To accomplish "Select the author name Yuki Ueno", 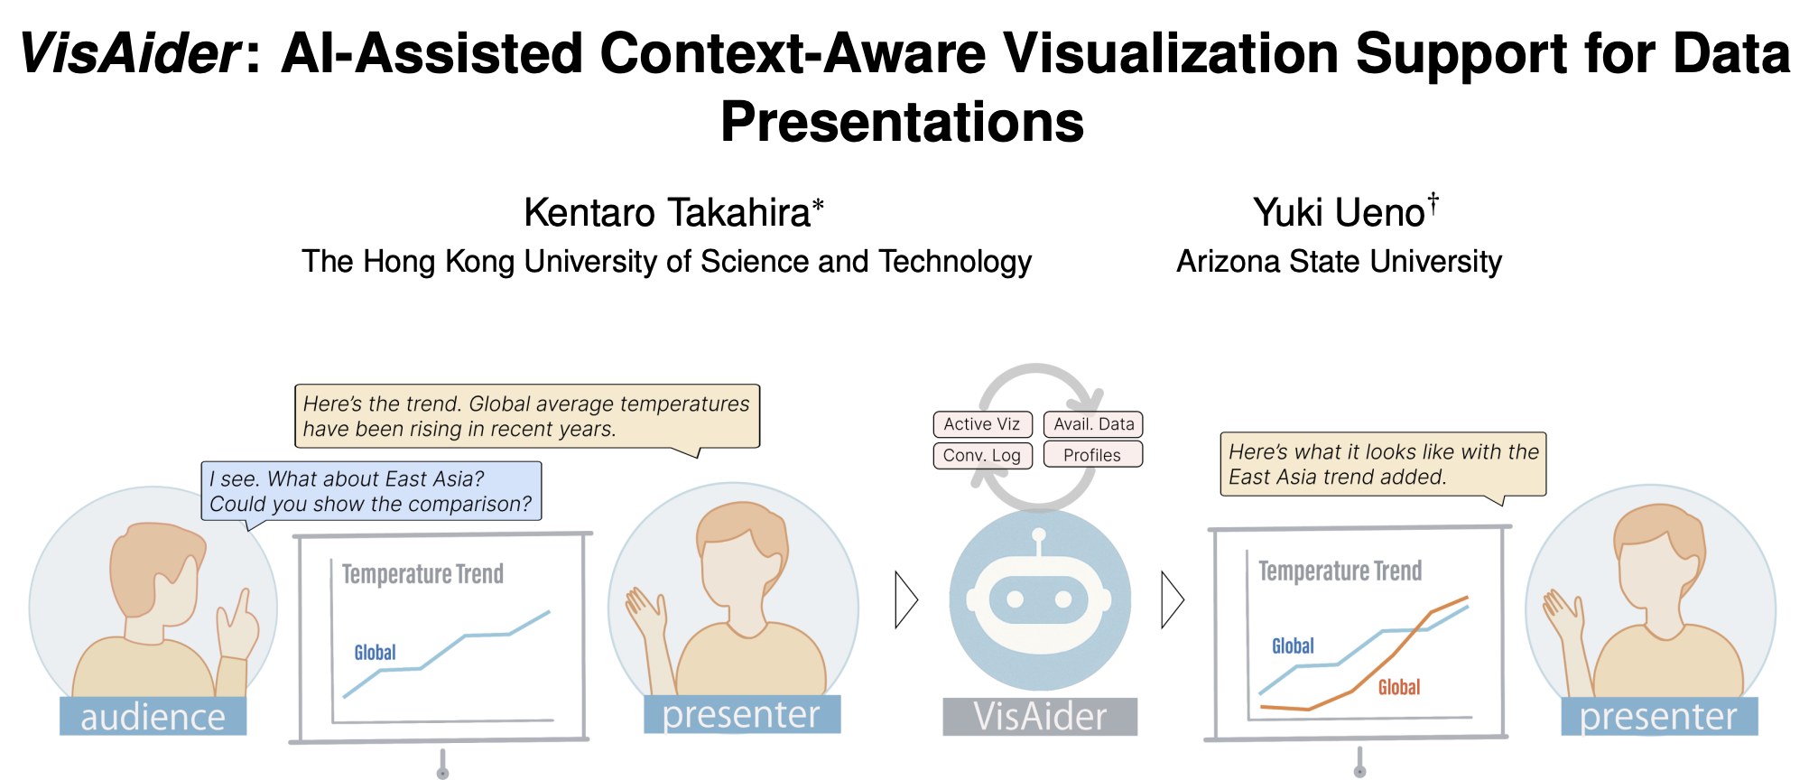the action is (x=1339, y=213).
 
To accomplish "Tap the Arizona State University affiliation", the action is (x=1339, y=262).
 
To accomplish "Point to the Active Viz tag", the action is (x=982, y=424).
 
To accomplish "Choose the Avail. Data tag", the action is (x=1093, y=424).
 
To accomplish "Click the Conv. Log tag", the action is (x=982, y=455).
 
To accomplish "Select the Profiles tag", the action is (x=1093, y=454).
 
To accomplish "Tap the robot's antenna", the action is (x=1039, y=541).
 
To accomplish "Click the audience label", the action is (x=153, y=716).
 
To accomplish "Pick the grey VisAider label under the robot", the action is (x=1040, y=717).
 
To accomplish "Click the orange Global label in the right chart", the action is (x=1399, y=688).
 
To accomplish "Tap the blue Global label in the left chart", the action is (x=375, y=653).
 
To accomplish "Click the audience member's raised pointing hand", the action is (x=237, y=625).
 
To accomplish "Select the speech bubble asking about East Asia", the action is (x=371, y=492).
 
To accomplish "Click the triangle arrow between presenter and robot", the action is (x=906, y=599).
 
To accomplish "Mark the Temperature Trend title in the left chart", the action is (x=422, y=574).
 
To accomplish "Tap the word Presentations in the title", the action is (x=902, y=121).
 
